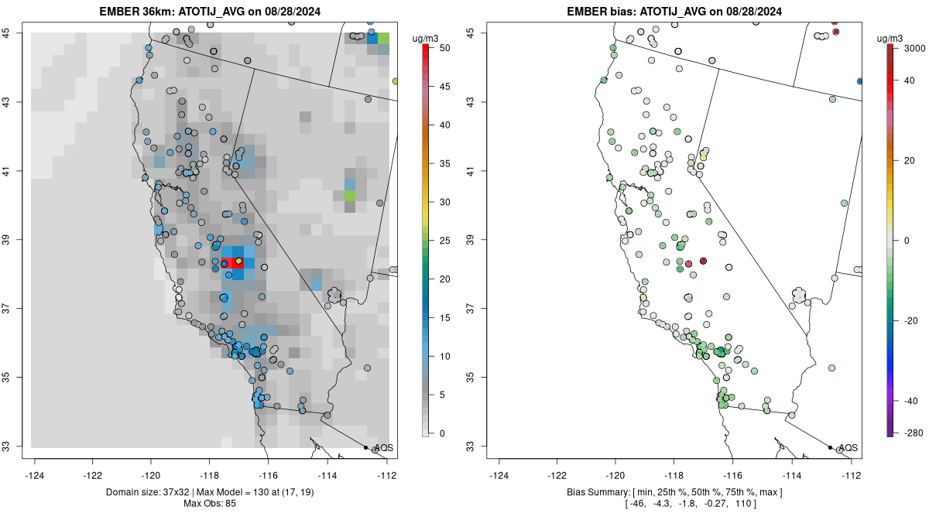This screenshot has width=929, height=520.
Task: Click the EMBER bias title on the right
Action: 674,12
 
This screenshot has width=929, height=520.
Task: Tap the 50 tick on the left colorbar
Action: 441,48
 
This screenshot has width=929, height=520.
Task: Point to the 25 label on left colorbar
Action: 441,241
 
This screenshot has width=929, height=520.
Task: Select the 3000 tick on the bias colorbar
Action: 914,48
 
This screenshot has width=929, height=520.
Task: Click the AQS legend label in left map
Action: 383,448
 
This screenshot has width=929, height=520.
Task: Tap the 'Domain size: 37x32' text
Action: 143,492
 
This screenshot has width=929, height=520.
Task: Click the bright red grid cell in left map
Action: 229,262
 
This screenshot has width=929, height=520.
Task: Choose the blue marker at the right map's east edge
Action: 859,80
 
